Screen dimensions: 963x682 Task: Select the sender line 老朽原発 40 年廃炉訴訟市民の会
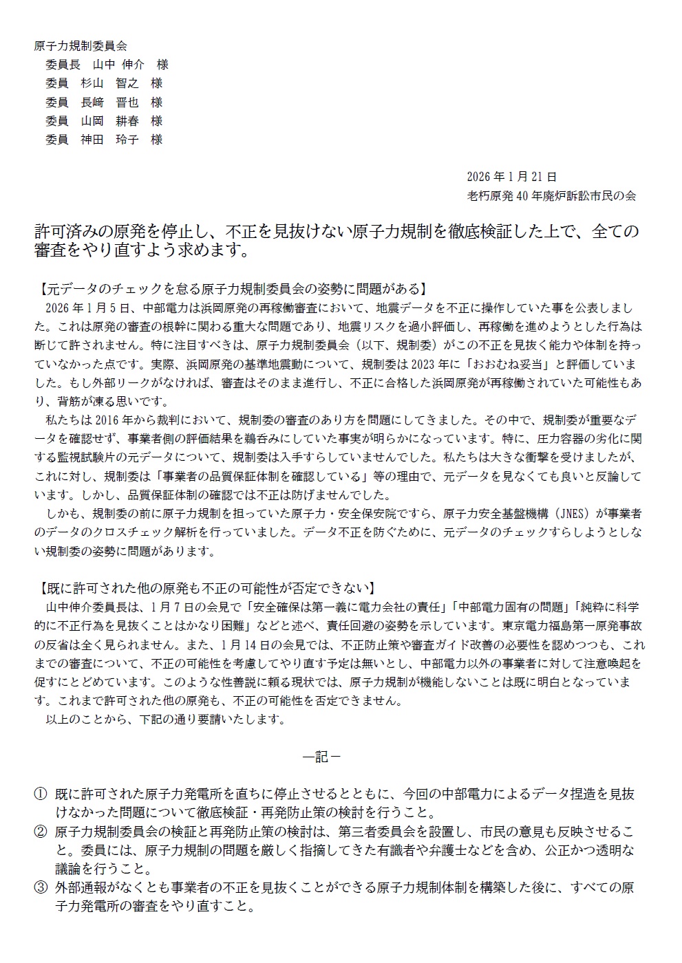tap(551, 195)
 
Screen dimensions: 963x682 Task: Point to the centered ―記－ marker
tap(321, 757)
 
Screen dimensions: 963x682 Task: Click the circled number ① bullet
tap(41, 794)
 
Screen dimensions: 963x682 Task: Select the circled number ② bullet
tap(41, 831)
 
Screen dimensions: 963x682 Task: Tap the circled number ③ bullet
tap(41, 887)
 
